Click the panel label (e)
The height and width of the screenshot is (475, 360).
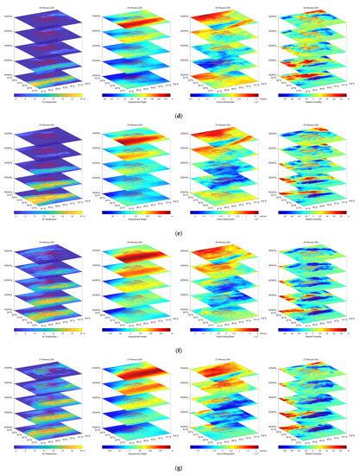pos(180,227)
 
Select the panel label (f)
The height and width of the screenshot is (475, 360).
pos(180,344)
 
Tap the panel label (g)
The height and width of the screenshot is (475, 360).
pos(180,460)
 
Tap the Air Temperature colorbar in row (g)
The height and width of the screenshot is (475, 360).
pos(45,442)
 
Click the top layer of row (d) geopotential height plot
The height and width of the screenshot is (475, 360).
pos(136,20)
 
